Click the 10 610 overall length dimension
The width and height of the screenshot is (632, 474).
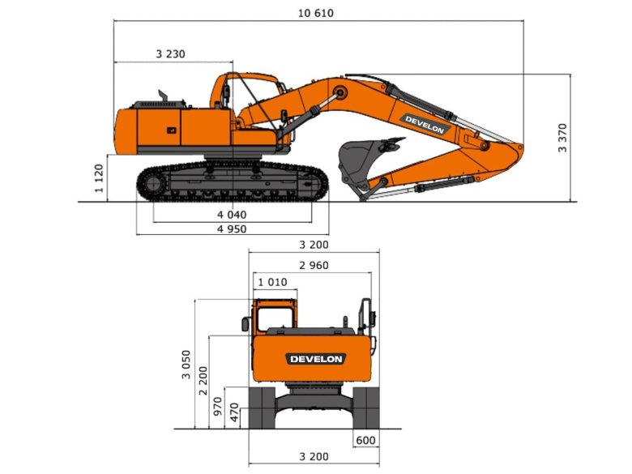pyautogui.click(x=316, y=13)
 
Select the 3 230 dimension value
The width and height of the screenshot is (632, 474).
pyautogui.click(x=170, y=54)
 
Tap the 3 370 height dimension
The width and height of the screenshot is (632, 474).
pyautogui.click(x=562, y=138)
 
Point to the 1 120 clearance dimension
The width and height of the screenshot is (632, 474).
pyautogui.click(x=99, y=178)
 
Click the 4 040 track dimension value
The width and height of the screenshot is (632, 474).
pyautogui.click(x=232, y=215)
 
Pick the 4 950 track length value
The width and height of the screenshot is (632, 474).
pyautogui.click(x=232, y=229)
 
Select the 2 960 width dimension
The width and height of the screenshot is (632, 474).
pyautogui.click(x=314, y=265)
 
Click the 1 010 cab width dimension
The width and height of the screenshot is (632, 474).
pyautogui.click(x=272, y=282)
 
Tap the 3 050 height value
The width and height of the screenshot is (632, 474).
pyautogui.click(x=186, y=365)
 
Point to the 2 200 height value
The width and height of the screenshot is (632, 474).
pyautogui.click(x=203, y=381)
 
